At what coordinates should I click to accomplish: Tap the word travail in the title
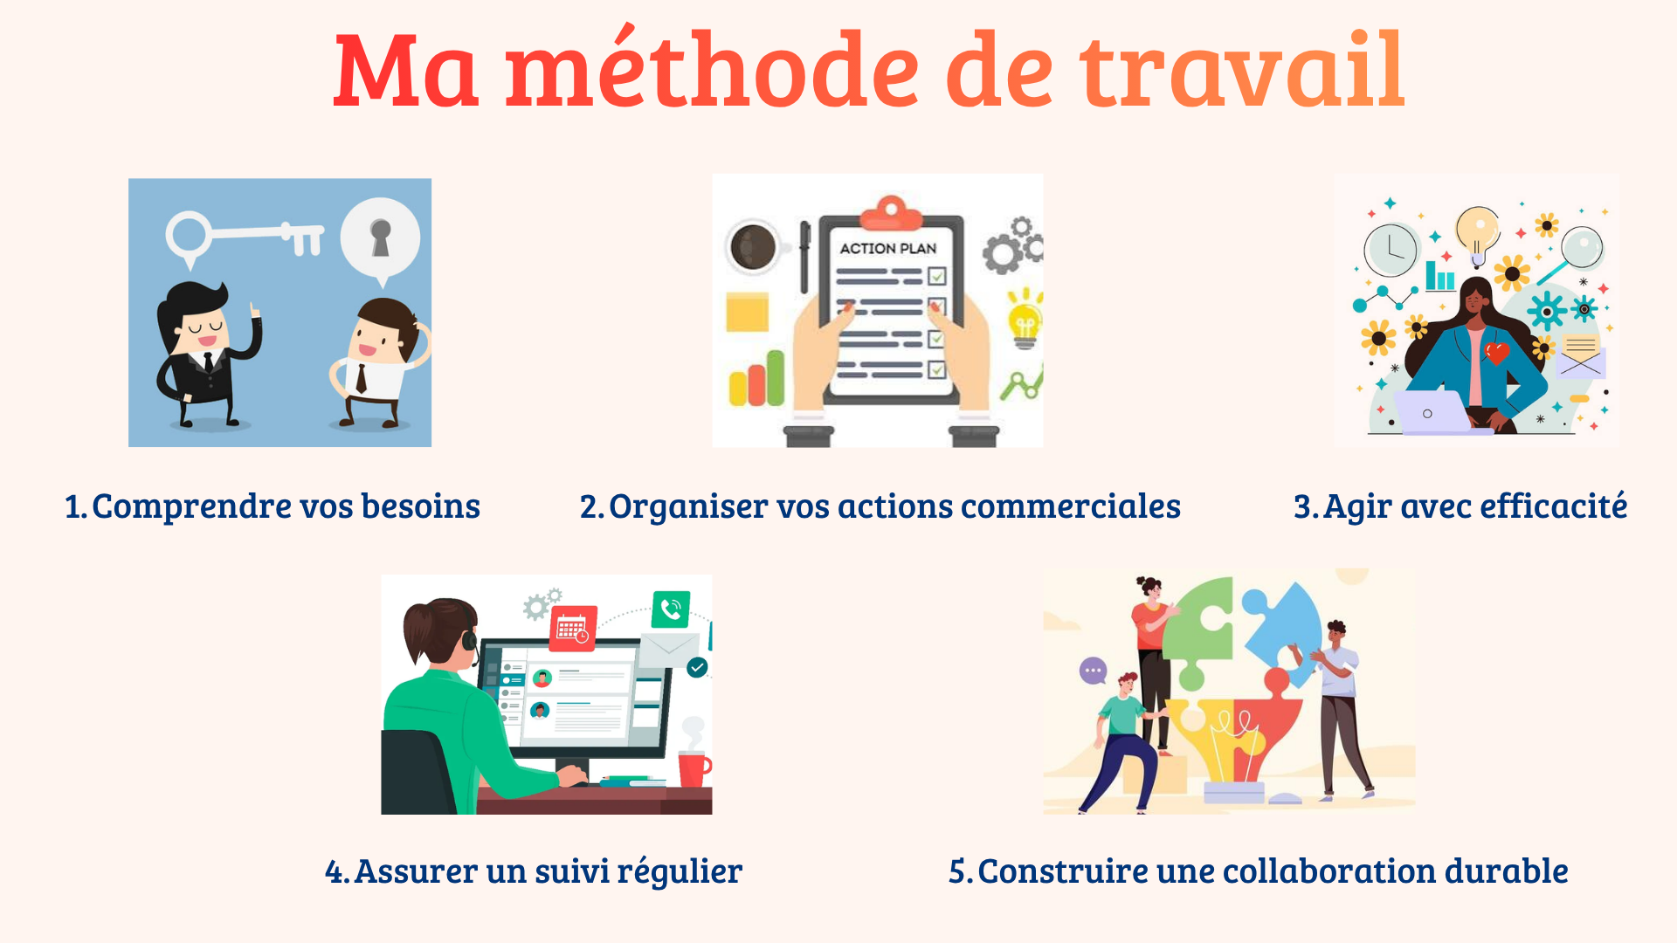pyautogui.click(x=1242, y=69)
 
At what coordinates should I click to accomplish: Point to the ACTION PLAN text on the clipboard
pyautogui.click(x=887, y=248)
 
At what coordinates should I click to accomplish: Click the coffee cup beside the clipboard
pyautogui.click(x=753, y=247)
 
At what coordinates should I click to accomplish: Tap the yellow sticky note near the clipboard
pyautogui.click(x=747, y=312)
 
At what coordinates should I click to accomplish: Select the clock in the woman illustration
pyautogui.click(x=1391, y=250)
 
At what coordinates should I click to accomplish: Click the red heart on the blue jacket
pyautogui.click(x=1497, y=353)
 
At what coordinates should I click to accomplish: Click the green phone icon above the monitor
pyautogui.click(x=671, y=609)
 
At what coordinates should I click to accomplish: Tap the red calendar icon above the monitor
pyautogui.click(x=573, y=629)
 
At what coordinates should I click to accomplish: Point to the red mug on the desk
pyautogui.click(x=694, y=768)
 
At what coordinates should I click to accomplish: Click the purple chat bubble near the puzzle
pyautogui.click(x=1094, y=671)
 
